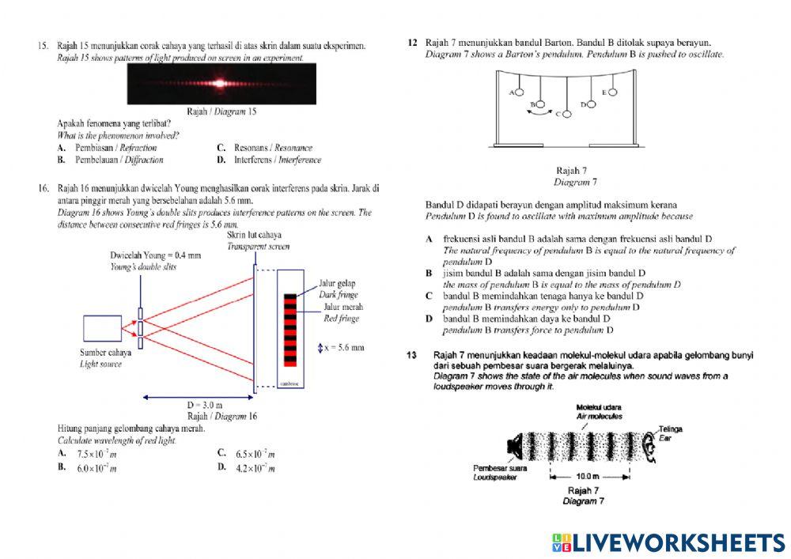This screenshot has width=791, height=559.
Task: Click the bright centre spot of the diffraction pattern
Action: coord(219,82)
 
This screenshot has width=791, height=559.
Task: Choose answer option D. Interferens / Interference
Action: coord(277,160)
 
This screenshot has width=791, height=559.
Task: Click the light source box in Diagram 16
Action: coord(101,328)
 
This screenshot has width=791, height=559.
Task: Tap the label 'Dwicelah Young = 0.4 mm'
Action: coord(156,255)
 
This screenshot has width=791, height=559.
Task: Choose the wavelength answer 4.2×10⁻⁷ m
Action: coord(255,468)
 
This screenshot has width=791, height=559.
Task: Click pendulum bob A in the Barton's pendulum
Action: coord(518,93)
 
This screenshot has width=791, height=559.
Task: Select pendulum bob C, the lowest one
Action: coord(566,115)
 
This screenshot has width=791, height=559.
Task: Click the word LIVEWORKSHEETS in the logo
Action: coord(679,542)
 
